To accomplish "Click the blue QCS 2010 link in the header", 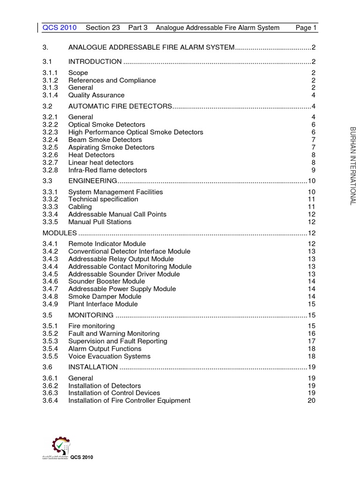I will pos(60,28).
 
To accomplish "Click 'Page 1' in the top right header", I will pos(306,28).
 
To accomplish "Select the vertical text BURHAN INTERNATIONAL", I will pos(353,165).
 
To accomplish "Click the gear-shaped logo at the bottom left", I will pos(60,446).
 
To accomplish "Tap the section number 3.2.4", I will pos(50,140).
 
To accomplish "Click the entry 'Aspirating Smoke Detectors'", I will pos(111,147).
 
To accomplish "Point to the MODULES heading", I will pos(60,233).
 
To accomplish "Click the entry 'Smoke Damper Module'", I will pos(105,296).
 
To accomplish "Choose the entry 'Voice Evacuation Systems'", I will pos(109,356).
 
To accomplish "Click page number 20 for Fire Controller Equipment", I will pos(311,400).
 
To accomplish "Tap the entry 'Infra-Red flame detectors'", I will pos(107,170).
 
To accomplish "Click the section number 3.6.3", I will pos(50,393).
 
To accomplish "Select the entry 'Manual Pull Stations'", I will pos(100,222).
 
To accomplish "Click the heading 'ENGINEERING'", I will pos(92,181).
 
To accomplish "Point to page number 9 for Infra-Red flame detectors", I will pos(313,170).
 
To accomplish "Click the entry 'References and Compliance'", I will pos(112,80).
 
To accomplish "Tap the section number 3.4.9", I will pos(50,304).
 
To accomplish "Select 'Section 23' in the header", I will pos(103,28).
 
